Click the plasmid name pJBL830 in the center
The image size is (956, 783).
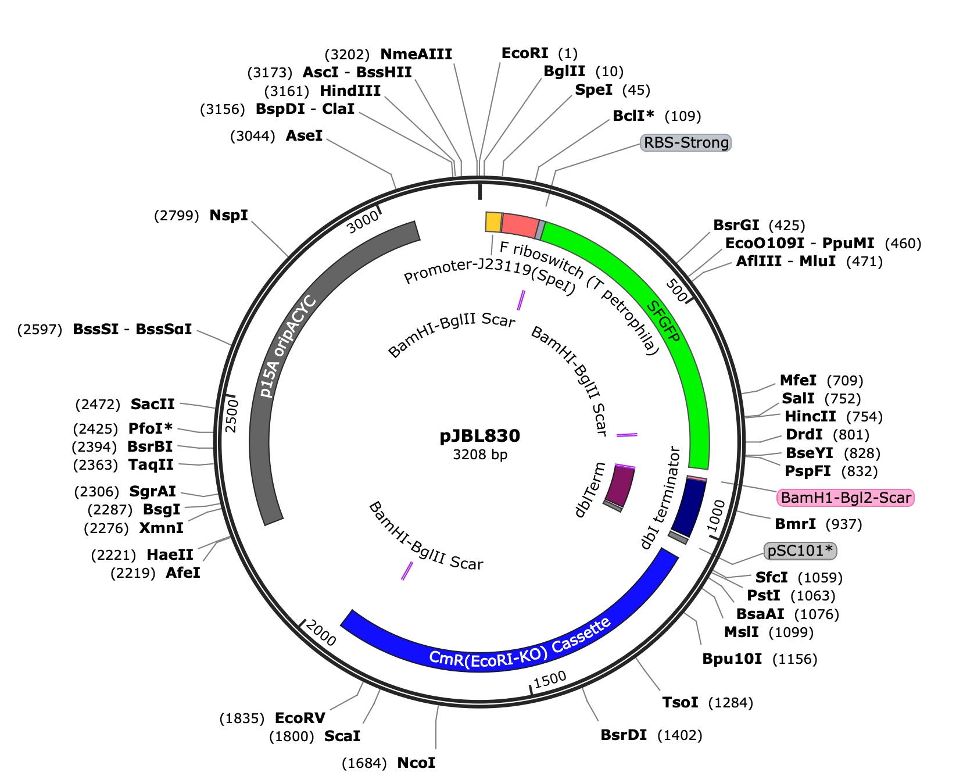tap(480, 436)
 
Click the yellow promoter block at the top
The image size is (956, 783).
tap(493, 222)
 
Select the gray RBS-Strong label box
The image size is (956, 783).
tap(686, 143)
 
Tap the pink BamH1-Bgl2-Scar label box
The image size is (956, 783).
tap(846, 498)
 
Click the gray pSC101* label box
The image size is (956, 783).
tap(800, 550)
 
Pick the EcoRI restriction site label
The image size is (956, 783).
tap(525, 53)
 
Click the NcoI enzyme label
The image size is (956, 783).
tap(416, 763)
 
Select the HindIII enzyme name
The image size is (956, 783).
tap(350, 91)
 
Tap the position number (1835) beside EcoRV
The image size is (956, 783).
tap(242, 718)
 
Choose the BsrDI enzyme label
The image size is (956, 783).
tap(624, 735)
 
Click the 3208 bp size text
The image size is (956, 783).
tap(480, 455)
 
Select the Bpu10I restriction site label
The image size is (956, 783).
tap(732, 659)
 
